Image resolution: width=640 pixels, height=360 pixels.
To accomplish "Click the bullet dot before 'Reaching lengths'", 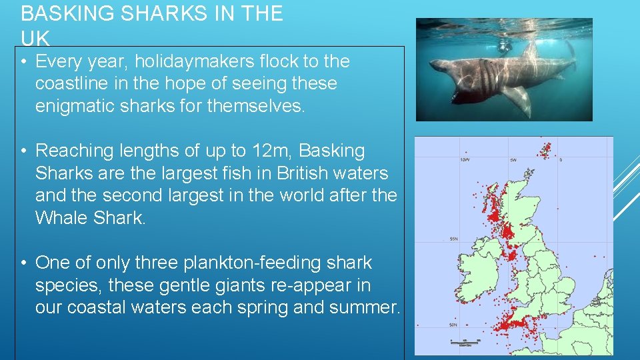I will point(23,151).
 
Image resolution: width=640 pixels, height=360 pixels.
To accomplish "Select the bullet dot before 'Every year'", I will point(23,62).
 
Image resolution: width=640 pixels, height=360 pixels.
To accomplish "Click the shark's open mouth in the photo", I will point(449,93).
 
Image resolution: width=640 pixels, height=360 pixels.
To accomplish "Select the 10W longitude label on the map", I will point(465,160).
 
